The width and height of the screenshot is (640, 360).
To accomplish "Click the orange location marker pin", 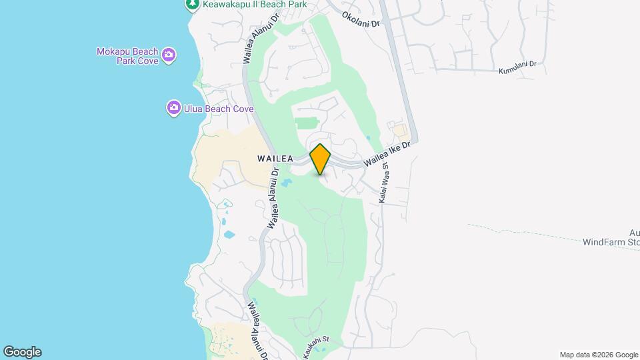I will [x=321, y=159].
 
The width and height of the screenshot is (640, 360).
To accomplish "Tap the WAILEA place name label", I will [x=275, y=159].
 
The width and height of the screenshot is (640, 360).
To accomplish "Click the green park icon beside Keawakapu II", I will [x=192, y=5].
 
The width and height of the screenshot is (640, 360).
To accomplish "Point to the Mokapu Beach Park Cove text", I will [x=127, y=56].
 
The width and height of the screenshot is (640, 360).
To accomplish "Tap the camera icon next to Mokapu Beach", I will [x=169, y=54].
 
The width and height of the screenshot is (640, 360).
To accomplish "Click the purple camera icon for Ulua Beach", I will [x=173, y=107].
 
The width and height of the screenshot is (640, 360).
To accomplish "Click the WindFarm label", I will [x=611, y=242].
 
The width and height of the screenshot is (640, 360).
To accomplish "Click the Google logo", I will [x=22, y=352].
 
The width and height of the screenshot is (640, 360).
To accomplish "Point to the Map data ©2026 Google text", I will [x=599, y=355].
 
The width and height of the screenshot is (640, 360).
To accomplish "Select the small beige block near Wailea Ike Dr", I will [x=399, y=130].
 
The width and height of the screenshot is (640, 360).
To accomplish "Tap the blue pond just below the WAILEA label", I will [x=286, y=182].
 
